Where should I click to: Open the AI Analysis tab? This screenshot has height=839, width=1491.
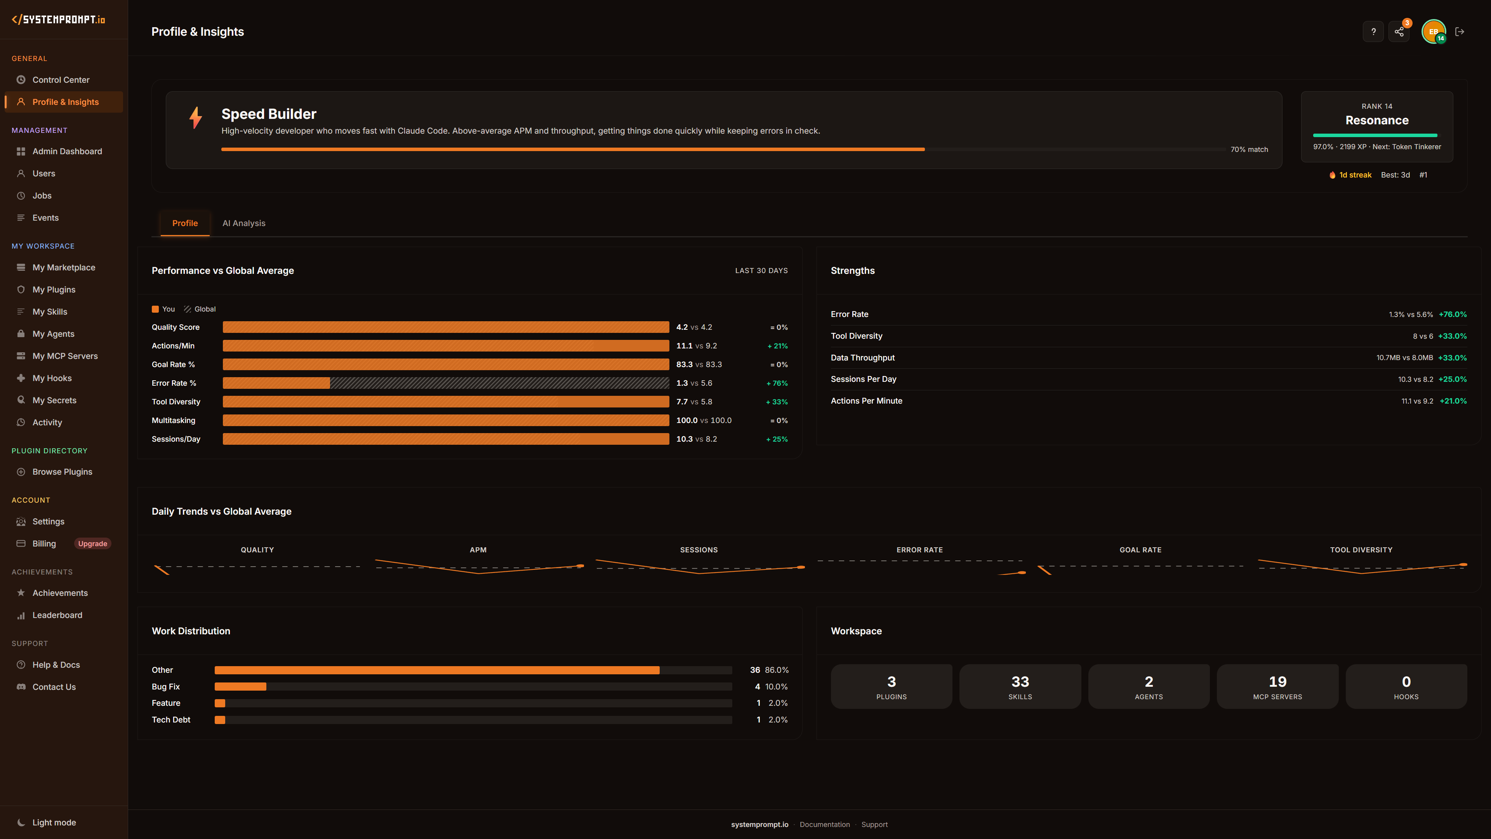coord(244,223)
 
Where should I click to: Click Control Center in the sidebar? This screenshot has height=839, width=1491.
coord(61,80)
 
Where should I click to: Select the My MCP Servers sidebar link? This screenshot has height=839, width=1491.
coord(65,356)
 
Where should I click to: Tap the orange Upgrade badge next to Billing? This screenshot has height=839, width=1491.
coord(93,544)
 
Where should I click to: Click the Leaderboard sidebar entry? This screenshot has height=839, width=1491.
coord(57,615)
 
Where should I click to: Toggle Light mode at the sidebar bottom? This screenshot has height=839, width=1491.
coord(54,822)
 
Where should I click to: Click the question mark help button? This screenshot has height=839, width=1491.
coord(1373,32)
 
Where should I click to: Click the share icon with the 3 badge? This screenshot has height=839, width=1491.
coord(1399,32)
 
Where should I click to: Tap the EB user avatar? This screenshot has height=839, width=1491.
coord(1433,32)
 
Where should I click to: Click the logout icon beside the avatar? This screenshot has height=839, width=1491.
coord(1460,32)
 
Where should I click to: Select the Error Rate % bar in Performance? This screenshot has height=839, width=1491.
coord(446,383)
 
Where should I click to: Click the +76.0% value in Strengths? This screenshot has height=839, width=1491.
coord(1452,314)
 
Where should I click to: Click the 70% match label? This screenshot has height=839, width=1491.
coord(1249,150)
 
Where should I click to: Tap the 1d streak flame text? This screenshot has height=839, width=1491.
coord(1354,175)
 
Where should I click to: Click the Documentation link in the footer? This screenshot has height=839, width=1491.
coord(824,825)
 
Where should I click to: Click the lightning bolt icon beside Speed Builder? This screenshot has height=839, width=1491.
coord(196,118)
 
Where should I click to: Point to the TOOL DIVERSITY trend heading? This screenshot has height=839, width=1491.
coord(1361,550)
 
